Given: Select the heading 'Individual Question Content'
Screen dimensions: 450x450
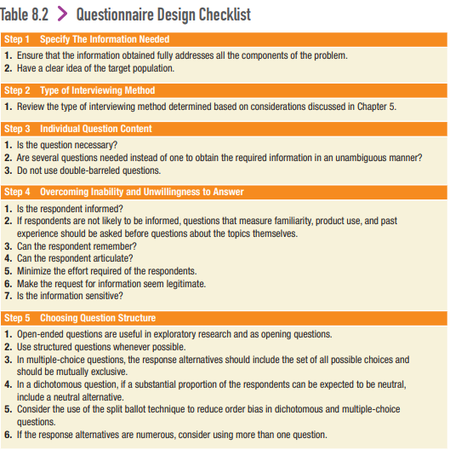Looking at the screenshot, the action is [96, 129].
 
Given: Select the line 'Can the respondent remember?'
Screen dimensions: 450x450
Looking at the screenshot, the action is [77, 245].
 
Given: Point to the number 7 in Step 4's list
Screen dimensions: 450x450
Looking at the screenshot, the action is [8, 296].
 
